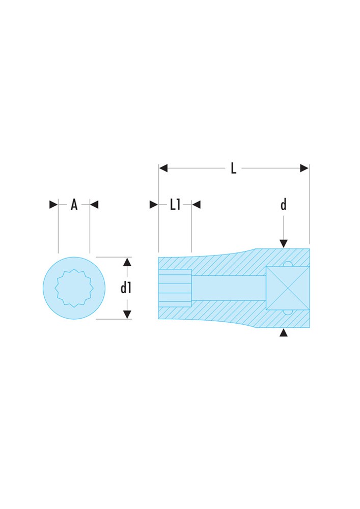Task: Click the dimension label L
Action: click(x=233, y=168)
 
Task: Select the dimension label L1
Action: click(x=175, y=205)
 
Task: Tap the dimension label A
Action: click(x=74, y=205)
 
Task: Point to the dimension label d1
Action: click(x=126, y=288)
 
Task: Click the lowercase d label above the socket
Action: click(x=284, y=205)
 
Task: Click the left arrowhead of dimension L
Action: click(x=163, y=168)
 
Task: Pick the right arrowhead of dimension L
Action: click(x=304, y=168)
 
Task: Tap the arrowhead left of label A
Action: click(x=53, y=205)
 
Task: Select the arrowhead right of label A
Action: click(x=94, y=205)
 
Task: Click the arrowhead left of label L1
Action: click(x=154, y=205)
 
